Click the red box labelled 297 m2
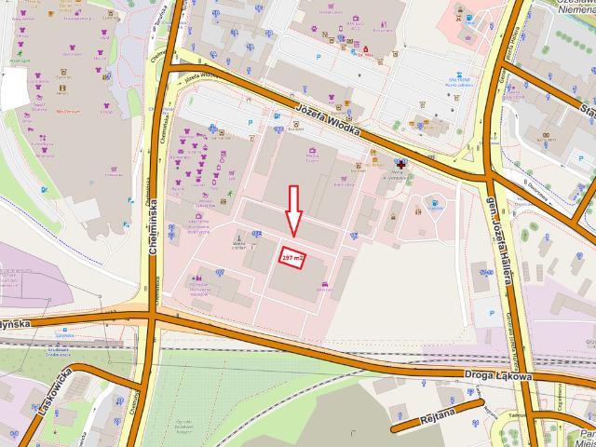[292, 256]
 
